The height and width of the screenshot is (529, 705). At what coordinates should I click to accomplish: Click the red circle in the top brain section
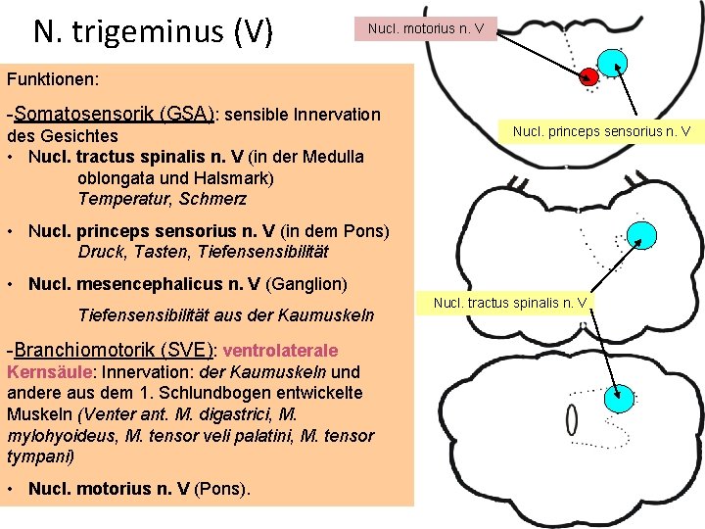coord(589,77)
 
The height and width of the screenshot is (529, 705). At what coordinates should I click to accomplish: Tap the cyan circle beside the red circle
coord(613,64)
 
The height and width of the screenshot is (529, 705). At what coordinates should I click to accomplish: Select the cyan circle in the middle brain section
coord(641,235)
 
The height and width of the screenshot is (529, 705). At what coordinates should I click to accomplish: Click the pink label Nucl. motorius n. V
coord(425,28)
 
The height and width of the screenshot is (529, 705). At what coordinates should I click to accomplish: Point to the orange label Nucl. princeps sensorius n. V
coord(601,130)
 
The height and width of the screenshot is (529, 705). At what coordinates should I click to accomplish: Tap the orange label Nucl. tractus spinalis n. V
coord(510,302)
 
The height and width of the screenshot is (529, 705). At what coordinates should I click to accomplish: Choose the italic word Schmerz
coord(214,199)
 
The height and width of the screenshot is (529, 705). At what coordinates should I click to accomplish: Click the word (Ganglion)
coord(306,284)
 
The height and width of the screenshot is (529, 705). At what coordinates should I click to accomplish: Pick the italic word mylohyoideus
coord(56,436)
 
